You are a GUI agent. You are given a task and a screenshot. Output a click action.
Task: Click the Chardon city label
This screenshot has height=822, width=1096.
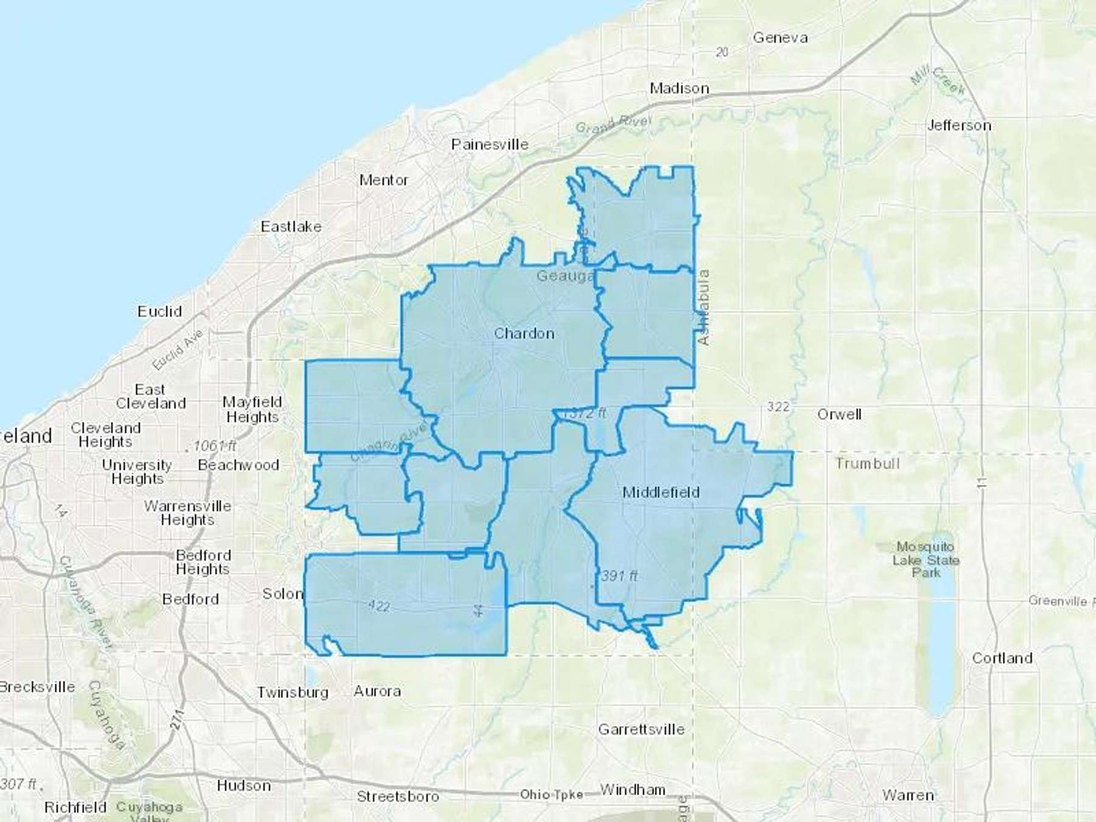(x=524, y=334)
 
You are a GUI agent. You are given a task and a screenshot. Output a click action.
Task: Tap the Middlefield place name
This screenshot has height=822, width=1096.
(x=661, y=492)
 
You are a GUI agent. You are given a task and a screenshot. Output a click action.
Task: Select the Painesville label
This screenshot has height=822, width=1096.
(x=490, y=144)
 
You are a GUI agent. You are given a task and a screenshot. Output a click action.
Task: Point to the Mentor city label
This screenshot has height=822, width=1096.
(x=384, y=180)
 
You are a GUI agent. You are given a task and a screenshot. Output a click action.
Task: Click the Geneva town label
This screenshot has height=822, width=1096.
(x=780, y=38)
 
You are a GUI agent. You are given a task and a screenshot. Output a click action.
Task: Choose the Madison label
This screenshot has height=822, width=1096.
(x=679, y=88)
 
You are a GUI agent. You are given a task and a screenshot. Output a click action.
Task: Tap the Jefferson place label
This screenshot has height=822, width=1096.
(x=959, y=125)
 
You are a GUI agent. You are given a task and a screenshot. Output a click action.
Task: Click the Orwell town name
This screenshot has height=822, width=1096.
(x=839, y=415)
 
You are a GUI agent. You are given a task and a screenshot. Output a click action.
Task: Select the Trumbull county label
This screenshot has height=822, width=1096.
(x=867, y=463)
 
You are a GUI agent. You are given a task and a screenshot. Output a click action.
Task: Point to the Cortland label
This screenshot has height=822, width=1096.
(x=1002, y=658)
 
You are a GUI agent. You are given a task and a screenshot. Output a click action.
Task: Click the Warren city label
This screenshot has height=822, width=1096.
(x=908, y=795)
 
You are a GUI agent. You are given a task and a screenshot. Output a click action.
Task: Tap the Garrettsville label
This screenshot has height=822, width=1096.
(x=641, y=729)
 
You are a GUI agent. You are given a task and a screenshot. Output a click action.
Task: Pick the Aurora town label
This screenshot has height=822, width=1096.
(x=377, y=691)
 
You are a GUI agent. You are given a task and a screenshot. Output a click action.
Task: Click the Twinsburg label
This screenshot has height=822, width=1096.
(x=292, y=692)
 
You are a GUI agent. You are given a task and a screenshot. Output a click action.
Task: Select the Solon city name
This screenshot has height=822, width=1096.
(x=282, y=594)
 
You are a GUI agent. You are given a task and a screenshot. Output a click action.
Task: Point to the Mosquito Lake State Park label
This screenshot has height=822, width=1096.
(x=926, y=560)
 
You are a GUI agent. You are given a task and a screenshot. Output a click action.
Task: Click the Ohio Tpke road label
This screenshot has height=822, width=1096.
(x=551, y=795)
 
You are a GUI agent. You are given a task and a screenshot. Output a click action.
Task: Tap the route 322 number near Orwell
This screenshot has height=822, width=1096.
(x=778, y=407)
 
